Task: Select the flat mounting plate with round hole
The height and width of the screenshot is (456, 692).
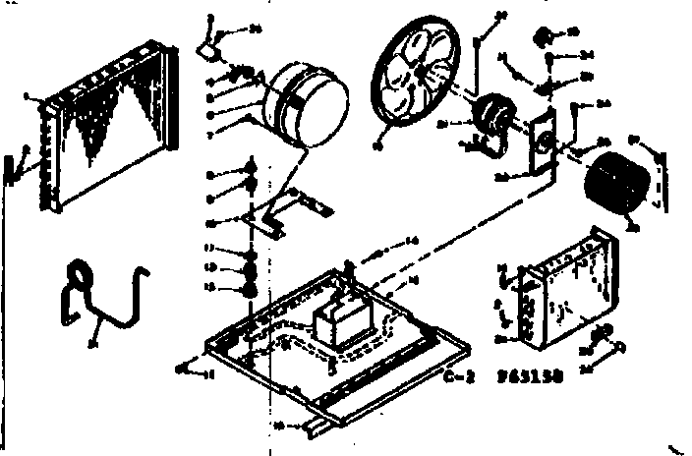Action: pos(539,147)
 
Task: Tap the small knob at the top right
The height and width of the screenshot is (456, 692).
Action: pos(540,37)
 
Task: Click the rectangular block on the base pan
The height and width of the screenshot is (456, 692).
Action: pos(339,322)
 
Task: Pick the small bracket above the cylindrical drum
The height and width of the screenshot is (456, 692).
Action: pos(209,43)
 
